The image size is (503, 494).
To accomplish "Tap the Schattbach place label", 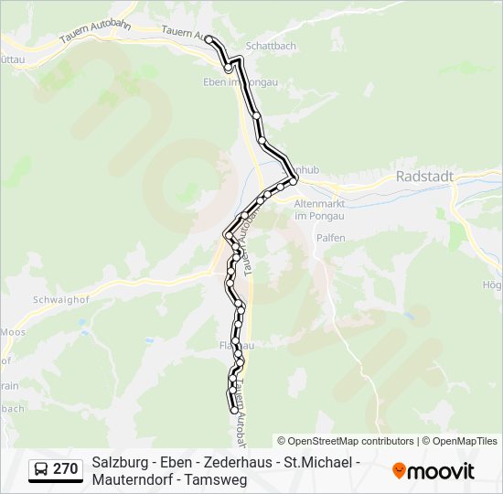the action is [x=271, y=45].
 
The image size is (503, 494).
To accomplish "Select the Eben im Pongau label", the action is [x=240, y=81].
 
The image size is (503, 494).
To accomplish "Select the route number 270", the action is [x=65, y=469].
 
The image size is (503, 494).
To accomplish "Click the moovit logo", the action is [x=433, y=471].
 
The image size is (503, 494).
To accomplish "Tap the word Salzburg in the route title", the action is [x=122, y=462].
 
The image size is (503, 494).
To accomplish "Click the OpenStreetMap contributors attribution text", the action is [x=346, y=441].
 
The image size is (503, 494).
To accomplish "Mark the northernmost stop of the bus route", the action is [x=209, y=39].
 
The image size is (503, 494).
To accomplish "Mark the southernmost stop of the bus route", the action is [x=231, y=409].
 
